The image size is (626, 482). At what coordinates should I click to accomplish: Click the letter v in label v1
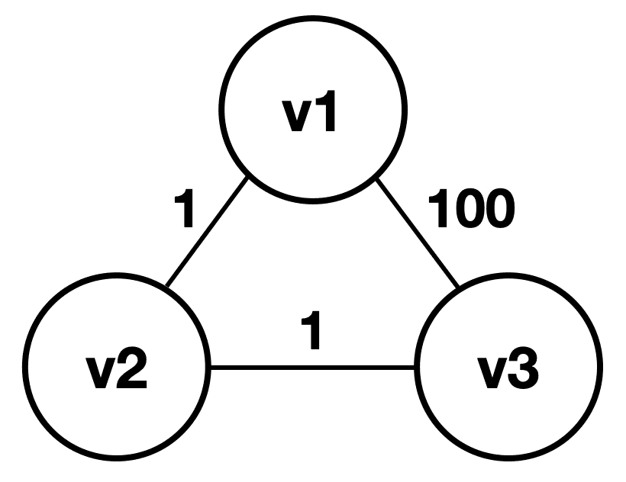pyautogui.click(x=293, y=118)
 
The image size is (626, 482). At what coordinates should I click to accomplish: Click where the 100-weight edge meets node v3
pyautogui.click(x=459, y=289)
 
